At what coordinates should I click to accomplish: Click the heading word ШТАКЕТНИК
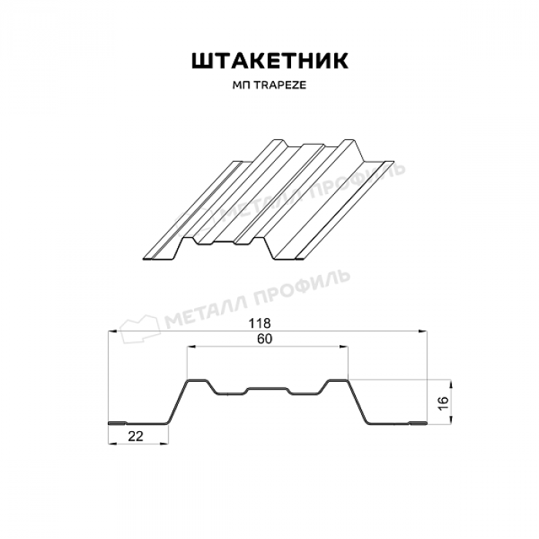[x=269, y=61]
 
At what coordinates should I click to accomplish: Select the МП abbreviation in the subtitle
[x=241, y=85]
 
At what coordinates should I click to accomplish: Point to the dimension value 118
[x=259, y=323]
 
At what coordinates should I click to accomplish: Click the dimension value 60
[x=264, y=339]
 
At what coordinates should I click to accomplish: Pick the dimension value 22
[x=135, y=437]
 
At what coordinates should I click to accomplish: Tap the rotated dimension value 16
[x=443, y=403]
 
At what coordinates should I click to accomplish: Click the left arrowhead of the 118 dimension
[x=112, y=331]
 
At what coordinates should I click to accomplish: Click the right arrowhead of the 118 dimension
[x=423, y=331]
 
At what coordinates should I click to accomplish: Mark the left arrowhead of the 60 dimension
[x=192, y=347]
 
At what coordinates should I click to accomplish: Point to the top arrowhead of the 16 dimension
[x=451, y=385]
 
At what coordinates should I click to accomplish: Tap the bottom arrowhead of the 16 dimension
[x=451, y=419]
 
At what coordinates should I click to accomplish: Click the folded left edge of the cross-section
[x=118, y=423]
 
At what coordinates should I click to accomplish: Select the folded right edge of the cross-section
[x=417, y=423]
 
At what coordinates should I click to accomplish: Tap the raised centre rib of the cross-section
[x=267, y=389]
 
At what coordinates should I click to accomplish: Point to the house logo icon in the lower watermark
[x=140, y=329]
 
